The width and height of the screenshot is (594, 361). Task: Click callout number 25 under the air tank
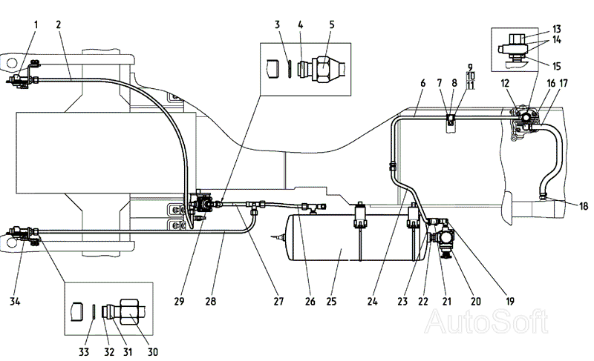click(x=331, y=301)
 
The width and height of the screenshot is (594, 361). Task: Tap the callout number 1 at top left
click(x=36, y=25)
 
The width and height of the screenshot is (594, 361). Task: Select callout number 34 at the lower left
click(x=15, y=301)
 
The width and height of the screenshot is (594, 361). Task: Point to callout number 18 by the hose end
click(x=584, y=206)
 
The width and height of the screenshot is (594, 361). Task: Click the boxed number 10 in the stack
click(x=470, y=76)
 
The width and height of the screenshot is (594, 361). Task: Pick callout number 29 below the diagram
click(x=179, y=301)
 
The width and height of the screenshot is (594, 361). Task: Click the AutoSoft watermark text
click(x=486, y=322)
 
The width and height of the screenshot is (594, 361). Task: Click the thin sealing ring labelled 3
click(x=289, y=68)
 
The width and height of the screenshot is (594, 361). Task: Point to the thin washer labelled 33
click(x=94, y=312)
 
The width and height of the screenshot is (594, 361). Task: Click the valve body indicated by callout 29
click(x=202, y=205)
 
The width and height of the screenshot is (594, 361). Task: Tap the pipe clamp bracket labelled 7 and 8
click(x=451, y=119)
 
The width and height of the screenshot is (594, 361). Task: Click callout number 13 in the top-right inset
click(x=556, y=29)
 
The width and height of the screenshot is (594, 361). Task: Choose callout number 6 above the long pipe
click(x=422, y=83)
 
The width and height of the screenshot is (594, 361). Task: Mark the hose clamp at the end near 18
click(x=544, y=196)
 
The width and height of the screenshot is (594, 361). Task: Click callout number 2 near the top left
click(x=59, y=25)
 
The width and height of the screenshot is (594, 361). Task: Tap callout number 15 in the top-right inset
click(x=556, y=67)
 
